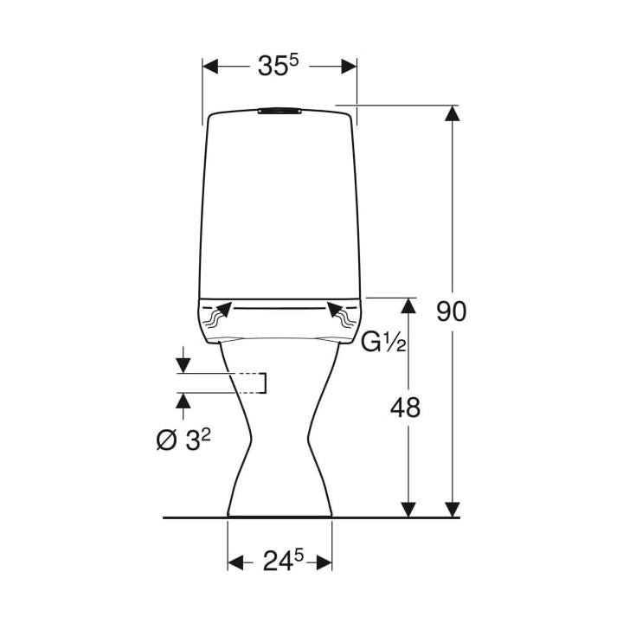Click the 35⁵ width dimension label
(278, 65)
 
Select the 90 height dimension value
(452, 311)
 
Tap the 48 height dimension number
(405, 408)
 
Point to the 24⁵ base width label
(283, 561)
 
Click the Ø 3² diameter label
(183, 440)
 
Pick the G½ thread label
(383, 343)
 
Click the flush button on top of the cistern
(279, 111)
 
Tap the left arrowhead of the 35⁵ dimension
(210, 67)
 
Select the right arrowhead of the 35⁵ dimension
(349, 67)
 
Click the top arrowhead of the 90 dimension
(453, 113)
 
